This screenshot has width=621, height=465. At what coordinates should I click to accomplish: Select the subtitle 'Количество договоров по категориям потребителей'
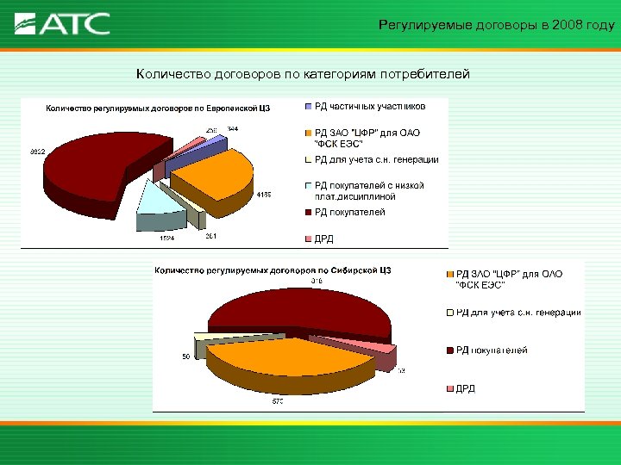point(303,74)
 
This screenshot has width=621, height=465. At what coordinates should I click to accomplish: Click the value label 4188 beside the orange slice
point(264,194)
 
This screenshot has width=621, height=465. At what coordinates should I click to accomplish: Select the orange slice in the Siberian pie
point(276,357)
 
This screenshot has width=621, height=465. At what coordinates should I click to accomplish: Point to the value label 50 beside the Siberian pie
point(185,356)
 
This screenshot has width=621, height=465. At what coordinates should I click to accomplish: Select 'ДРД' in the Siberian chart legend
point(466,388)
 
